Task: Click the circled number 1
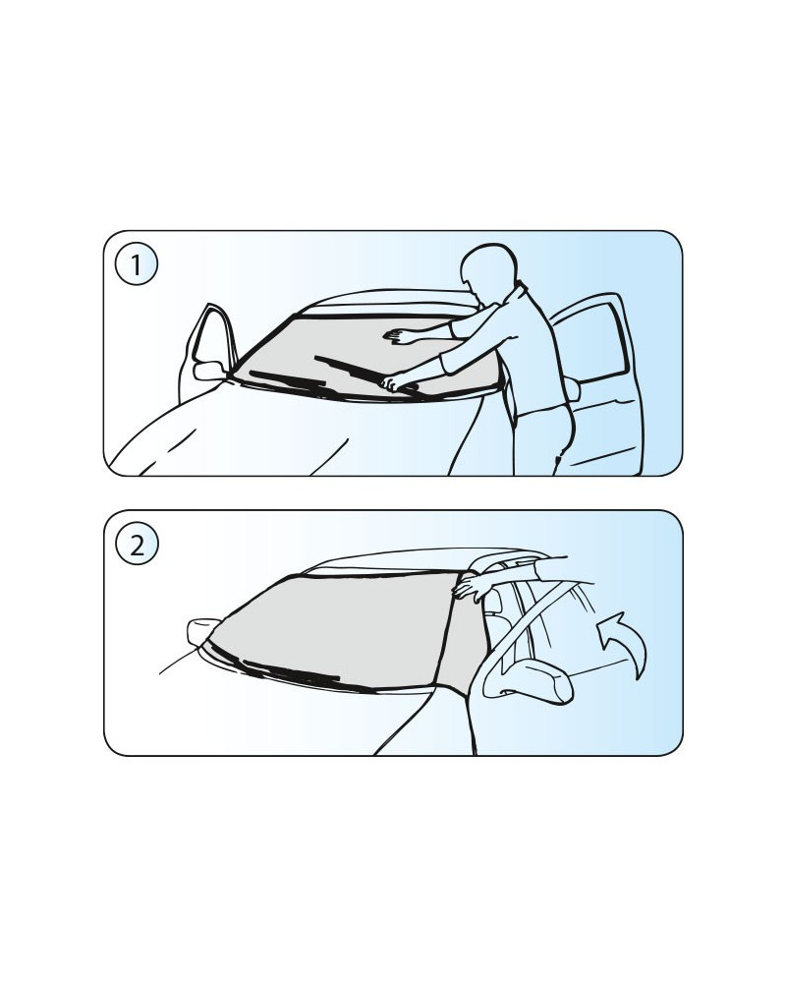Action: (x=136, y=263)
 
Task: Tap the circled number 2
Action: (x=137, y=544)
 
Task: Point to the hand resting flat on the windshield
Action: (x=397, y=336)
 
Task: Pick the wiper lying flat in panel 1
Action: (x=292, y=381)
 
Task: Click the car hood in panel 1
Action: (x=295, y=433)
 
